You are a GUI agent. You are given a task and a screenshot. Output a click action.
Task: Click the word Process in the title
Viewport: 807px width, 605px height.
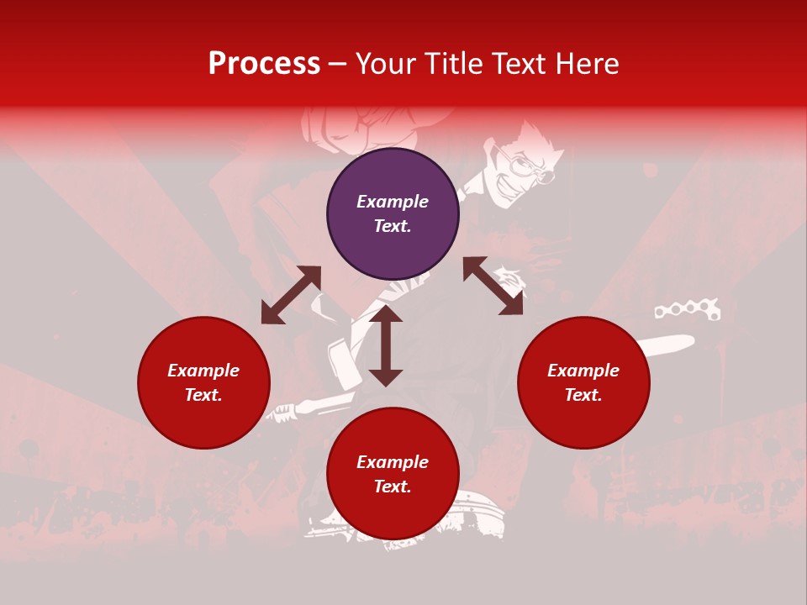(264, 64)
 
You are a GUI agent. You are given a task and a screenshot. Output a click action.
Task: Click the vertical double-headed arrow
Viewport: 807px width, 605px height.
(386, 345)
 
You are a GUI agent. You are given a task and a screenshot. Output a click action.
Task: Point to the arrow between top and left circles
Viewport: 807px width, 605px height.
(291, 295)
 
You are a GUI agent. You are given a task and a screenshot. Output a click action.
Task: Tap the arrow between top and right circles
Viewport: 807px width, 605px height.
(493, 286)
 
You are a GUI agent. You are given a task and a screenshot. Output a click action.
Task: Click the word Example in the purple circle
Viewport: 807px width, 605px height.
(393, 202)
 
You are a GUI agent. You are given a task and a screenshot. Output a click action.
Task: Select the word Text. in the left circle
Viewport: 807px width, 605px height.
(203, 395)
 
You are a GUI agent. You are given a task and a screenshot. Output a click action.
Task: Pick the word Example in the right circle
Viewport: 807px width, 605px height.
(583, 371)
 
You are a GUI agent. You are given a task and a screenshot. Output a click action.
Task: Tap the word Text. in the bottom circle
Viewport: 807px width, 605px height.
(393, 487)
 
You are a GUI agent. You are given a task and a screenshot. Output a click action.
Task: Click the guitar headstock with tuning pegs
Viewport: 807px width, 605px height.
(688, 309)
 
